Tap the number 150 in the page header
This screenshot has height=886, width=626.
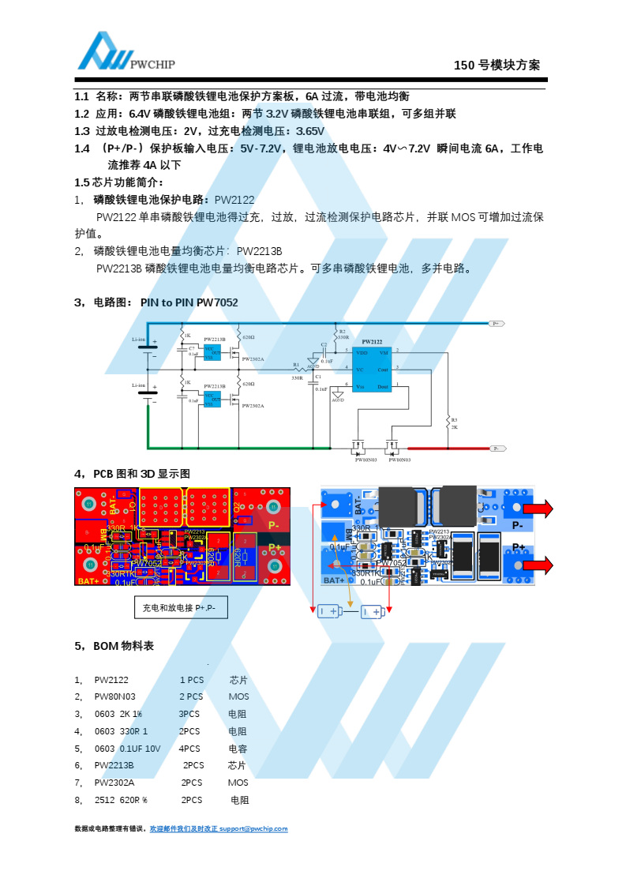pos(463,66)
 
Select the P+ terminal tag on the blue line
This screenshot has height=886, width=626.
pos(497,324)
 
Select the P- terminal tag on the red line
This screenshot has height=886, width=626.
pos(497,449)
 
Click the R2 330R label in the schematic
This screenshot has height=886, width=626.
pos(343,334)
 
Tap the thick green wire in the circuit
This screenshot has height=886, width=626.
pos(237,448)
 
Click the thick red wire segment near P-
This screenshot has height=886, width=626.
pos(450,448)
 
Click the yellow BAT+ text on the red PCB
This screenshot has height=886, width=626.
pos(88,581)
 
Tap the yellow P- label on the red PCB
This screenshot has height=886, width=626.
pos(274,525)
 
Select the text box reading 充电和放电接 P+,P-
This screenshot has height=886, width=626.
pos(181,607)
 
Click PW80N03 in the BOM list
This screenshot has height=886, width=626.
pos(115,696)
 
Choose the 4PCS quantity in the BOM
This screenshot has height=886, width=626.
pos(189,748)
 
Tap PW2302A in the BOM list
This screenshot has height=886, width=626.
pos(114,783)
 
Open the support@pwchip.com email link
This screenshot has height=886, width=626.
pos(253,828)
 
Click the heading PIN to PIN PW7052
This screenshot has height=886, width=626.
pos(189,302)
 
